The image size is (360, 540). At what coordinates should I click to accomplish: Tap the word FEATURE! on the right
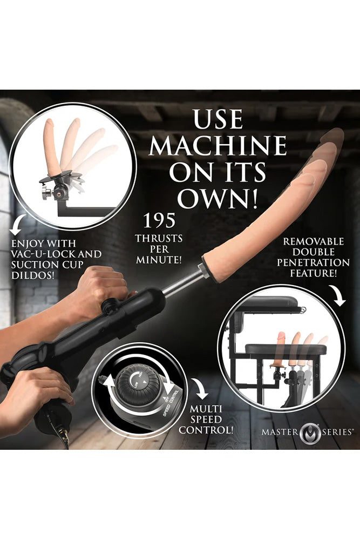coord(318,273)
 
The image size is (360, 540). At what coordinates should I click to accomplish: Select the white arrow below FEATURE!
coord(339,296)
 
